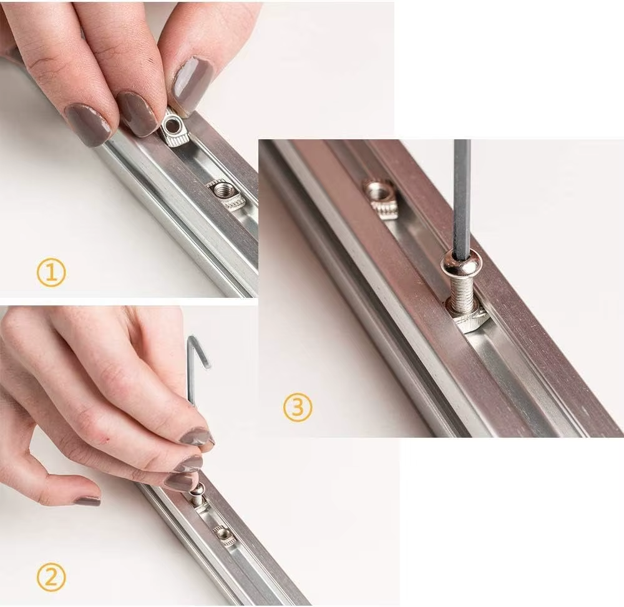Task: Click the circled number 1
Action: pos(51,273)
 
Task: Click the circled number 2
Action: pos(51,578)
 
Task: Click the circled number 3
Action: pos(298,407)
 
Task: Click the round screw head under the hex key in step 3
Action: pos(461,267)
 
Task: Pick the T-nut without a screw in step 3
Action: pos(381,198)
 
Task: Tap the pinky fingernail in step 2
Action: pos(87,500)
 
